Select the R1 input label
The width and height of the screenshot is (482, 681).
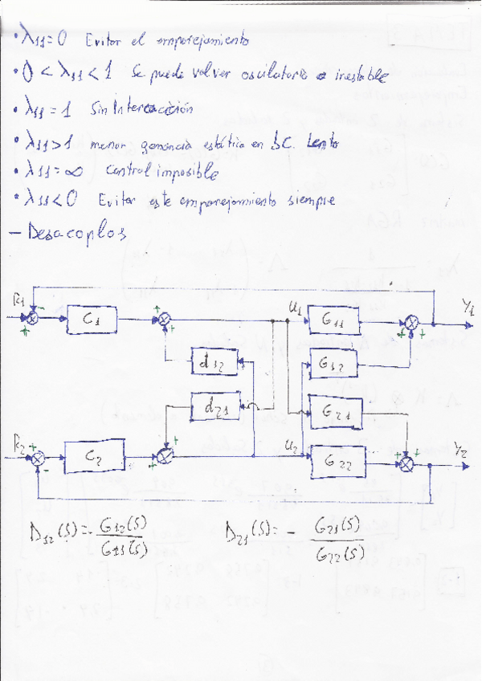(x=18, y=300)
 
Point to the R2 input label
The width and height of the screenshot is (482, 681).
(x=18, y=441)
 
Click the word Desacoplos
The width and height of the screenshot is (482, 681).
(x=76, y=234)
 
